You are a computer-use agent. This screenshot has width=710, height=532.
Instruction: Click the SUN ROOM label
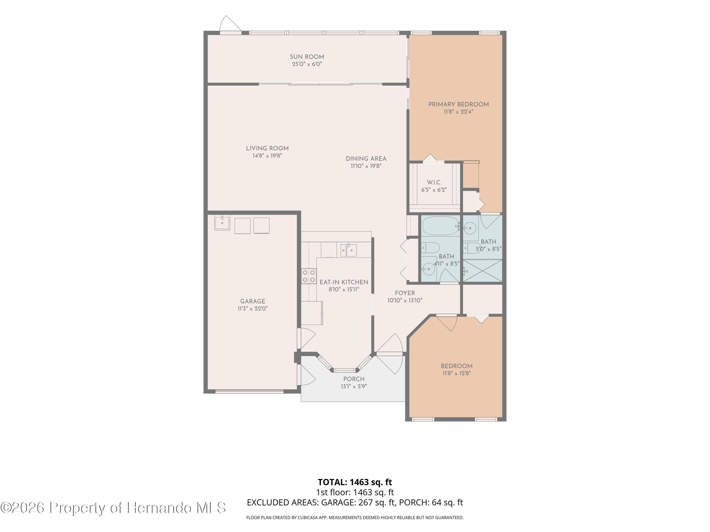click(307, 57)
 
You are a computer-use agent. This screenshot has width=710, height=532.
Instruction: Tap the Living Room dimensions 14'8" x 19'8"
click(267, 156)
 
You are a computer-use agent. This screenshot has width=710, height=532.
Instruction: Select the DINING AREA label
click(366, 158)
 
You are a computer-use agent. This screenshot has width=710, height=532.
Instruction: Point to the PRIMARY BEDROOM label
click(458, 104)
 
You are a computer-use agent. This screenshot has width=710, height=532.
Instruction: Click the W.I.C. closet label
click(434, 182)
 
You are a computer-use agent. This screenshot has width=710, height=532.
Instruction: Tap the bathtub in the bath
click(441, 226)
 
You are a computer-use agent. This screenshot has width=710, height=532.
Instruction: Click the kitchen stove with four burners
click(308, 276)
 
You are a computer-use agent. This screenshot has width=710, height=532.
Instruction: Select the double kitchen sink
click(349, 250)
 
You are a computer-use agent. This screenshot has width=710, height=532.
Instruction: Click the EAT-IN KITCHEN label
click(344, 282)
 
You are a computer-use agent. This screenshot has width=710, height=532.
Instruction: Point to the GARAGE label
click(253, 301)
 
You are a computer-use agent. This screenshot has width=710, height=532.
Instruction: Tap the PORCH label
click(354, 379)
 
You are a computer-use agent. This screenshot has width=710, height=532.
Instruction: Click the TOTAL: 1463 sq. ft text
click(355, 482)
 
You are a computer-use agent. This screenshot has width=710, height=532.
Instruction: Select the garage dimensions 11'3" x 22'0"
click(253, 309)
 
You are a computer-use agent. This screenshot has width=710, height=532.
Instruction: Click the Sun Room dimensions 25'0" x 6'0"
click(307, 64)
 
